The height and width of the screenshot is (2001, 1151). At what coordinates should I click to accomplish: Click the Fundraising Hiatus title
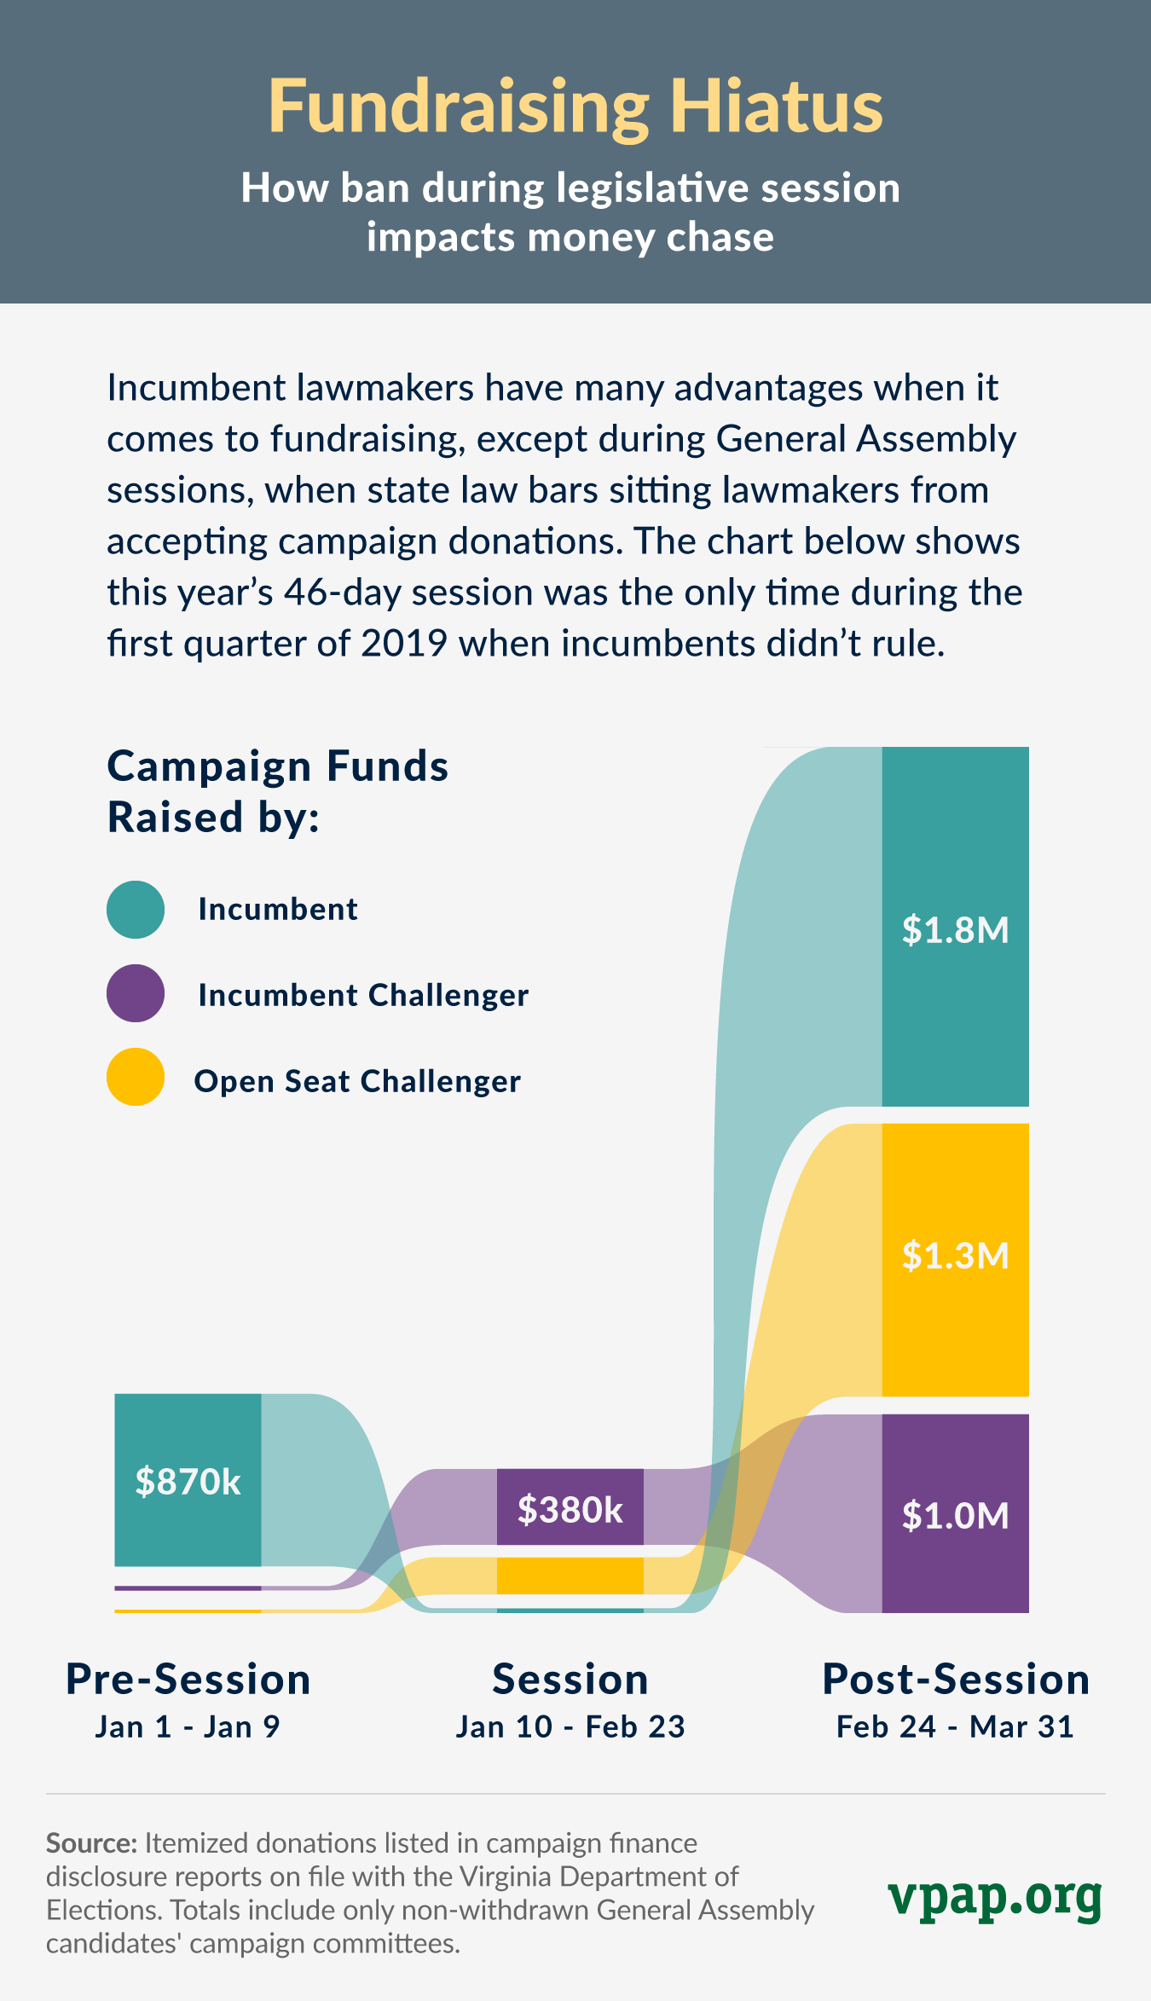click(575, 107)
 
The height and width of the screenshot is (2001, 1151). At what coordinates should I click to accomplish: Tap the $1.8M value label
click(955, 929)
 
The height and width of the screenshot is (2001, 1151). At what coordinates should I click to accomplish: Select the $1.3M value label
click(955, 1255)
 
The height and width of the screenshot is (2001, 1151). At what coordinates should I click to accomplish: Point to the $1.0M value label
click(955, 1515)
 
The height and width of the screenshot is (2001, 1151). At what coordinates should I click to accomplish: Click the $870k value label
click(188, 1482)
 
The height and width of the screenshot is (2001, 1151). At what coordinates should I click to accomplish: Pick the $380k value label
click(570, 1509)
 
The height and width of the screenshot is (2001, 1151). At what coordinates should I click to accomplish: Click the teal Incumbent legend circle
click(136, 910)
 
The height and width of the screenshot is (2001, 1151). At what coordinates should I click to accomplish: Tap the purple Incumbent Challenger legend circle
click(136, 993)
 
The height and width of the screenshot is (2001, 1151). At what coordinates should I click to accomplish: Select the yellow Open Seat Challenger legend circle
click(136, 1077)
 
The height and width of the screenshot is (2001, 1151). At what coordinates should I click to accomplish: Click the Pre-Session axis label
click(188, 1680)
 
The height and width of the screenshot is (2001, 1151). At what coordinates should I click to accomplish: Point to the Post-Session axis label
click(955, 1680)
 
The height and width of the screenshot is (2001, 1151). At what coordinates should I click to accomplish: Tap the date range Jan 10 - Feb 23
click(570, 1726)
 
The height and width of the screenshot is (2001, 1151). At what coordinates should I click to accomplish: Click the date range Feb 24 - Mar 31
click(955, 1726)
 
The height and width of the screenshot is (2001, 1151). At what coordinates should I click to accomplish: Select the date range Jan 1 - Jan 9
click(188, 1726)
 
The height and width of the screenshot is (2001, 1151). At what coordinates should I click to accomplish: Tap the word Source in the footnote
click(90, 1843)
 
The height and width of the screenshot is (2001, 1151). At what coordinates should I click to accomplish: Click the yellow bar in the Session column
click(570, 1576)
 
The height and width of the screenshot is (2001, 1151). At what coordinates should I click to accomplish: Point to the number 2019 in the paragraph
click(404, 644)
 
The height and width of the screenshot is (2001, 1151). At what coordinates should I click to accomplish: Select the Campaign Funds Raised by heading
click(277, 791)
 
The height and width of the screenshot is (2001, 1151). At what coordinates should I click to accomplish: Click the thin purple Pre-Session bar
click(188, 1588)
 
